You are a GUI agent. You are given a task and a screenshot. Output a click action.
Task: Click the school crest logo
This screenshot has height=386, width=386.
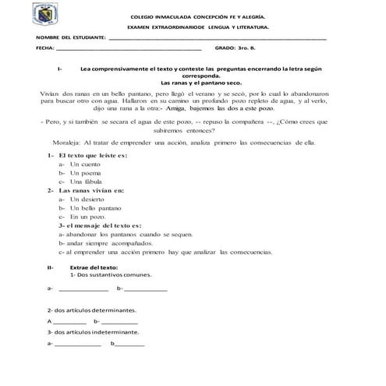tap(29, 16)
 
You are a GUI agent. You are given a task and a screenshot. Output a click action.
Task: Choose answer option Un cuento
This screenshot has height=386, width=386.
tap(86, 165)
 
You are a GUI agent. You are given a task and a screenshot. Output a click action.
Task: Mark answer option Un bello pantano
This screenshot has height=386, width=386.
tap(95, 208)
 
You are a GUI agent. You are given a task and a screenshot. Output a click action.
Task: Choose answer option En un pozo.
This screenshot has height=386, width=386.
tap(85, 217)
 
